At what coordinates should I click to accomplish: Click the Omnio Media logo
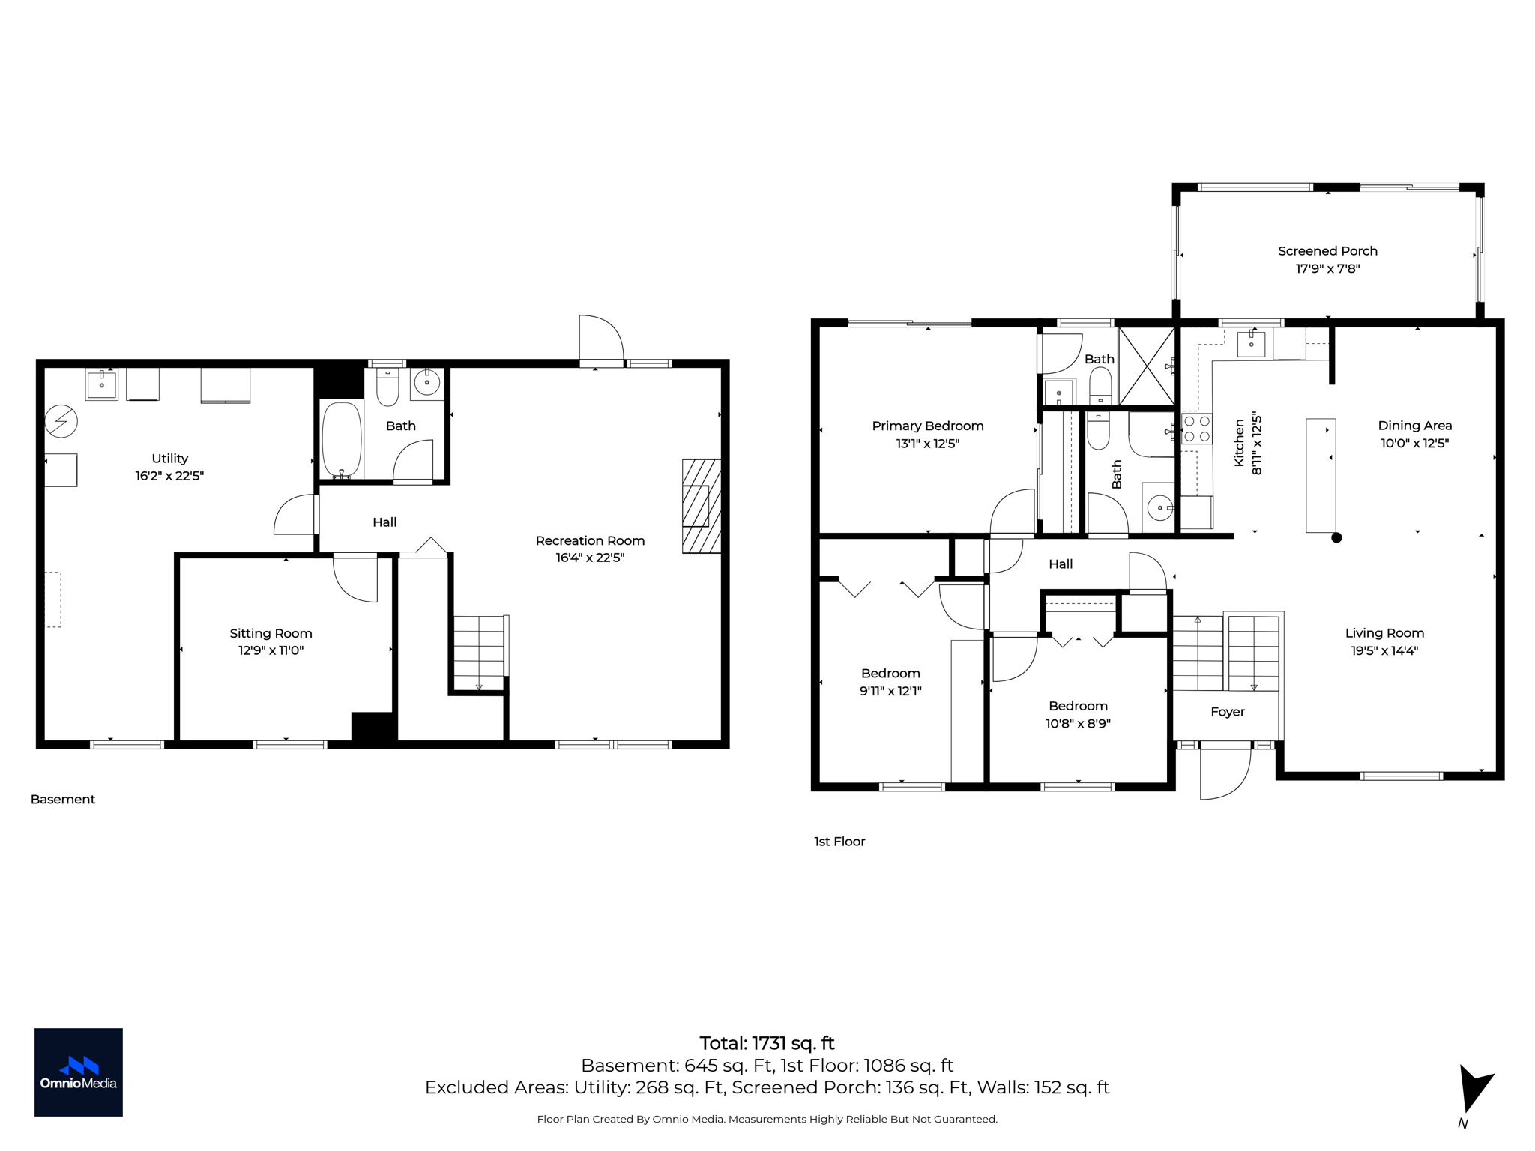point(78,1072)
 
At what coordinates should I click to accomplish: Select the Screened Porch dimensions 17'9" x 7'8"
point(1327,268)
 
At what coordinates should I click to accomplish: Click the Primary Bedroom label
point(927,426)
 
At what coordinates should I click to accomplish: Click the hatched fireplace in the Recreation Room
point(701,506)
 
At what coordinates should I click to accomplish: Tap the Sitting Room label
point(271,633)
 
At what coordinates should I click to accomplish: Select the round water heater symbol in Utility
point(61,422)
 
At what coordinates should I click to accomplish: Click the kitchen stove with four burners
point(1196,429)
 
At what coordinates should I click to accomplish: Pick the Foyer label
point(1227,712)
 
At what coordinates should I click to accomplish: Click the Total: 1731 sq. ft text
point(767,1043)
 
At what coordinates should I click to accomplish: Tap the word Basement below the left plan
point(63,800)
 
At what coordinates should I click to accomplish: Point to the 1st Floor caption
point(839,842)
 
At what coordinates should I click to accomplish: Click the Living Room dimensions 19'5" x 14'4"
point(1384,650)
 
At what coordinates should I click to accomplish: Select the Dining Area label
point(1414,426)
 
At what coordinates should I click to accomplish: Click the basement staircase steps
point(479,652)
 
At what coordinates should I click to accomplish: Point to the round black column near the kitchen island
point(1336,537)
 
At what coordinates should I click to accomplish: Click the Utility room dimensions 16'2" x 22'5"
point(169,476)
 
